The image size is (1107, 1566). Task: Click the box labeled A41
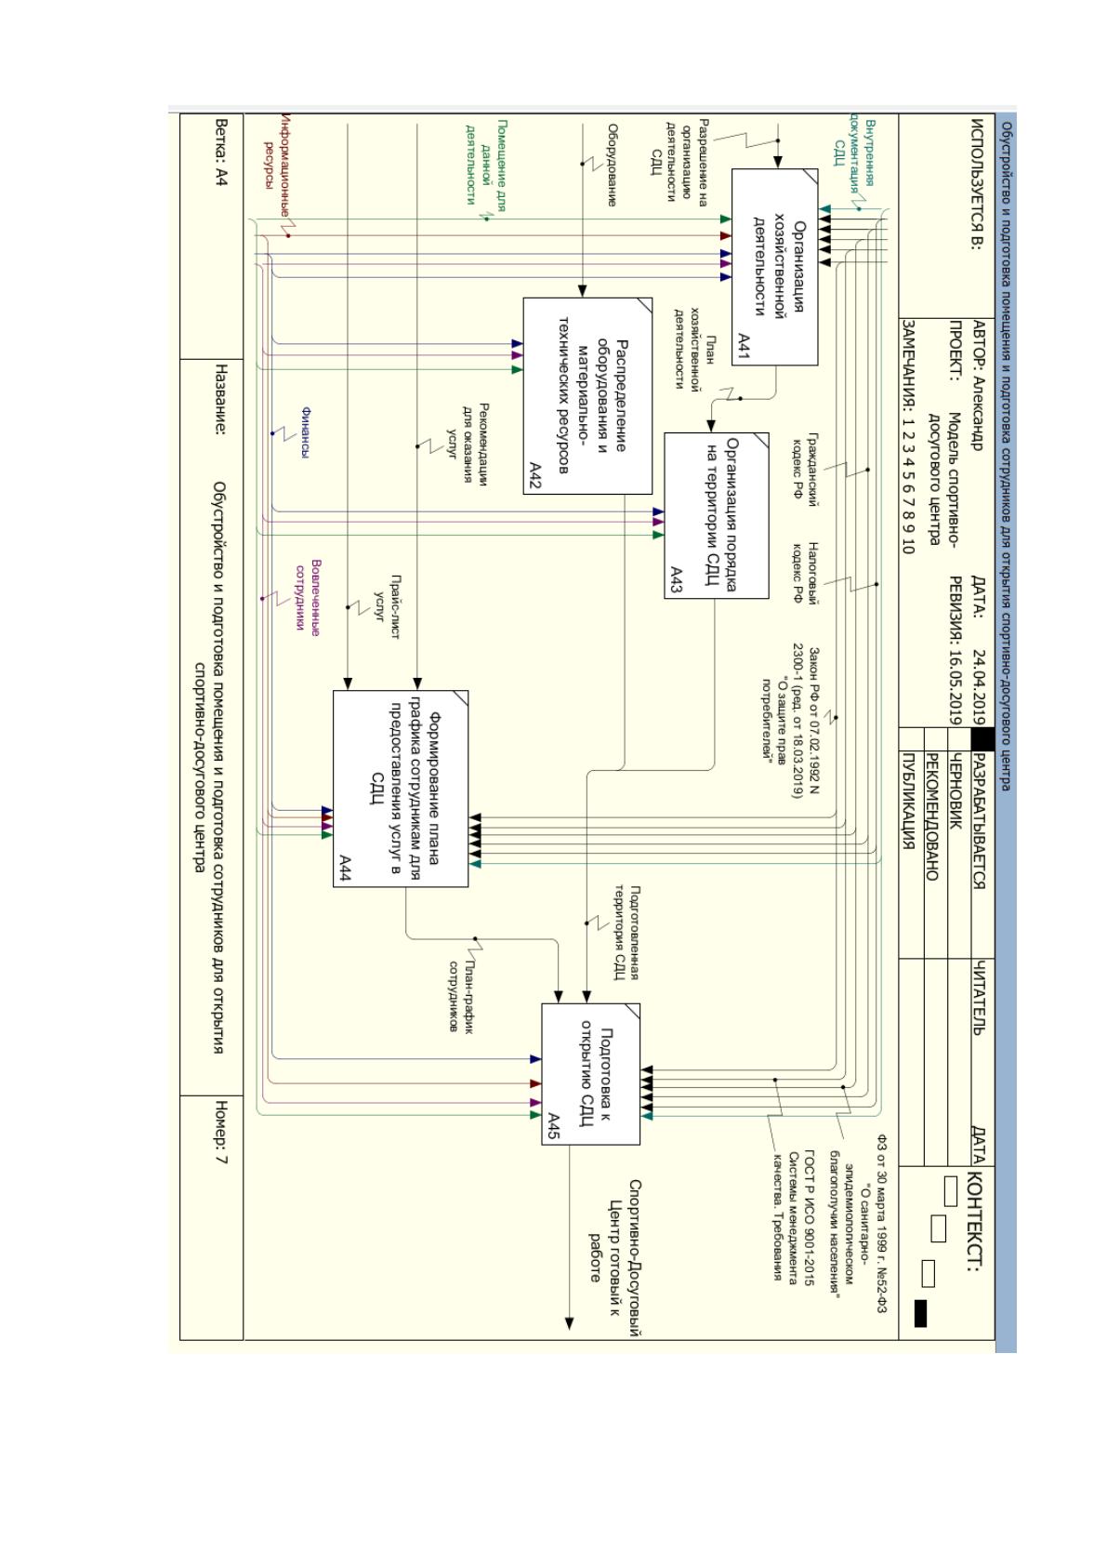(774, 267)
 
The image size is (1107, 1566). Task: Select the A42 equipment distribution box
(587, 396)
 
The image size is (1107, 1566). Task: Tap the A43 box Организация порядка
(717, 515)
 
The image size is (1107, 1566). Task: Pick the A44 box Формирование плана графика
(401, 789)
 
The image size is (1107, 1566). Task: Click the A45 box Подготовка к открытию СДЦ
(590, 1074)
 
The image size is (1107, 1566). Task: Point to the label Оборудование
(613, 165)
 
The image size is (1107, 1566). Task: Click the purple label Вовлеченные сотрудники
(308, 598)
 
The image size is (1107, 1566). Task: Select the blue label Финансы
(306, 432)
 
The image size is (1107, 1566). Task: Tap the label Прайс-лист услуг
(388, 607)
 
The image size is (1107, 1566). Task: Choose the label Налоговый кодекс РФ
(804, 573)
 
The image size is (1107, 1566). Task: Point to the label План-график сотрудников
(460, 996)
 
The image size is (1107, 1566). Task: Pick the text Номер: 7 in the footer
(221, 1132)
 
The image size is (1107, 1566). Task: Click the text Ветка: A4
(221, 153)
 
